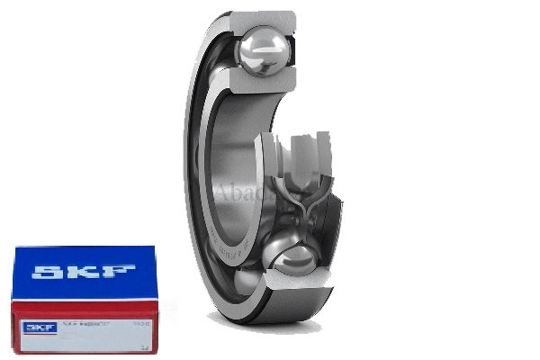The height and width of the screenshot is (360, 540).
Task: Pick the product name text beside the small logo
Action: pyautogui.click(x=83, y=322)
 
